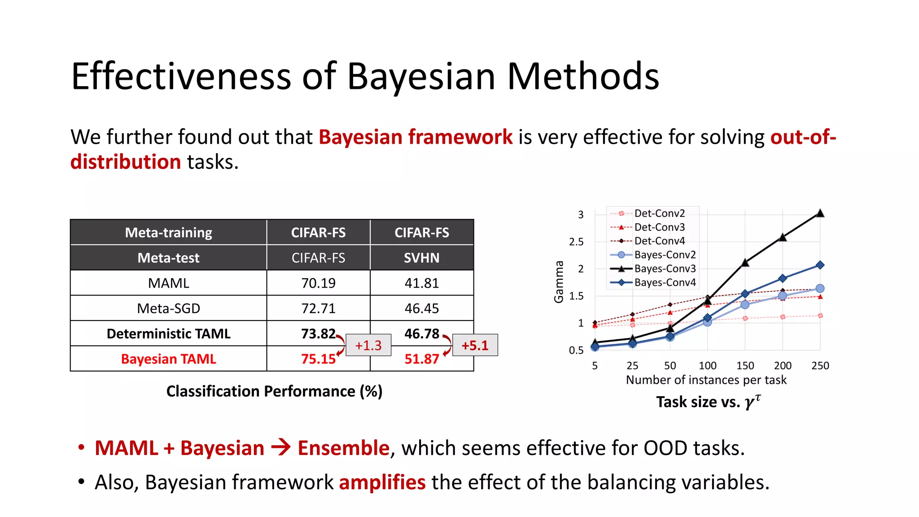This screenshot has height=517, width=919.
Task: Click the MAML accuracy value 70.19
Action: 318,283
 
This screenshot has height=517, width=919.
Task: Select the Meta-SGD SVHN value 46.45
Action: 421,308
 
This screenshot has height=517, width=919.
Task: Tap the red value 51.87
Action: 421,359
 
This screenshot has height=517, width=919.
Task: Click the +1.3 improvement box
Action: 368,345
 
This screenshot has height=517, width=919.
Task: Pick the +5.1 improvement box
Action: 475,345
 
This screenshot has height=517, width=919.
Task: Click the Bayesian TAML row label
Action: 168,359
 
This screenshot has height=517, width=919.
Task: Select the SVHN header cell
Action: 421,258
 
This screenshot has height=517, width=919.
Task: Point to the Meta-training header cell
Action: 168,232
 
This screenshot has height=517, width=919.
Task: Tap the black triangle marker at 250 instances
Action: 820,213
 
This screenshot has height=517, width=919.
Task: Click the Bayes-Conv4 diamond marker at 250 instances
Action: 820,265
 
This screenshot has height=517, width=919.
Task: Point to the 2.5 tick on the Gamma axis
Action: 576,242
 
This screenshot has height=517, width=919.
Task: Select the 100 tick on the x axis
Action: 707,366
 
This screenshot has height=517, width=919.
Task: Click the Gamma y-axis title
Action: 559,281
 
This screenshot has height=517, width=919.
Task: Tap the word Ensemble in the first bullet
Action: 343,448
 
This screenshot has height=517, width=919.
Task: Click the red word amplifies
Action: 382,482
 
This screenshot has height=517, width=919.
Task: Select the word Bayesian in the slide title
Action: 421,76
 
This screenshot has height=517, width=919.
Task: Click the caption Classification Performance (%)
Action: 274,391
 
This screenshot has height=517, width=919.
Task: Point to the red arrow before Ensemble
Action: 281,447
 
